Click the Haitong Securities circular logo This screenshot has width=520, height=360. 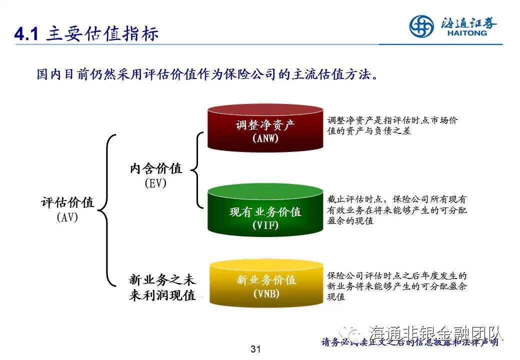click(421, 26)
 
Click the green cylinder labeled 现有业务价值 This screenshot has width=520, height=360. click(265, 210)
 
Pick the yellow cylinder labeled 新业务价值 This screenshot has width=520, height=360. click(265, 283)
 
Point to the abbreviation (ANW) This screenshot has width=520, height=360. click(265, 138)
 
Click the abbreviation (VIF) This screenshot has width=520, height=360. click(265, 225)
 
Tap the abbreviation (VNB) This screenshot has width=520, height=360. click(266, 293)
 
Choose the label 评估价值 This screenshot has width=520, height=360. click(67, 202)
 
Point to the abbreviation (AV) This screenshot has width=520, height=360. click(67, 217)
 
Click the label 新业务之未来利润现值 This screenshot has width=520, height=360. click(162, 287)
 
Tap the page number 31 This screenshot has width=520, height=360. click(256, 349)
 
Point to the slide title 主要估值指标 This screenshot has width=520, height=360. click(102, 34)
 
